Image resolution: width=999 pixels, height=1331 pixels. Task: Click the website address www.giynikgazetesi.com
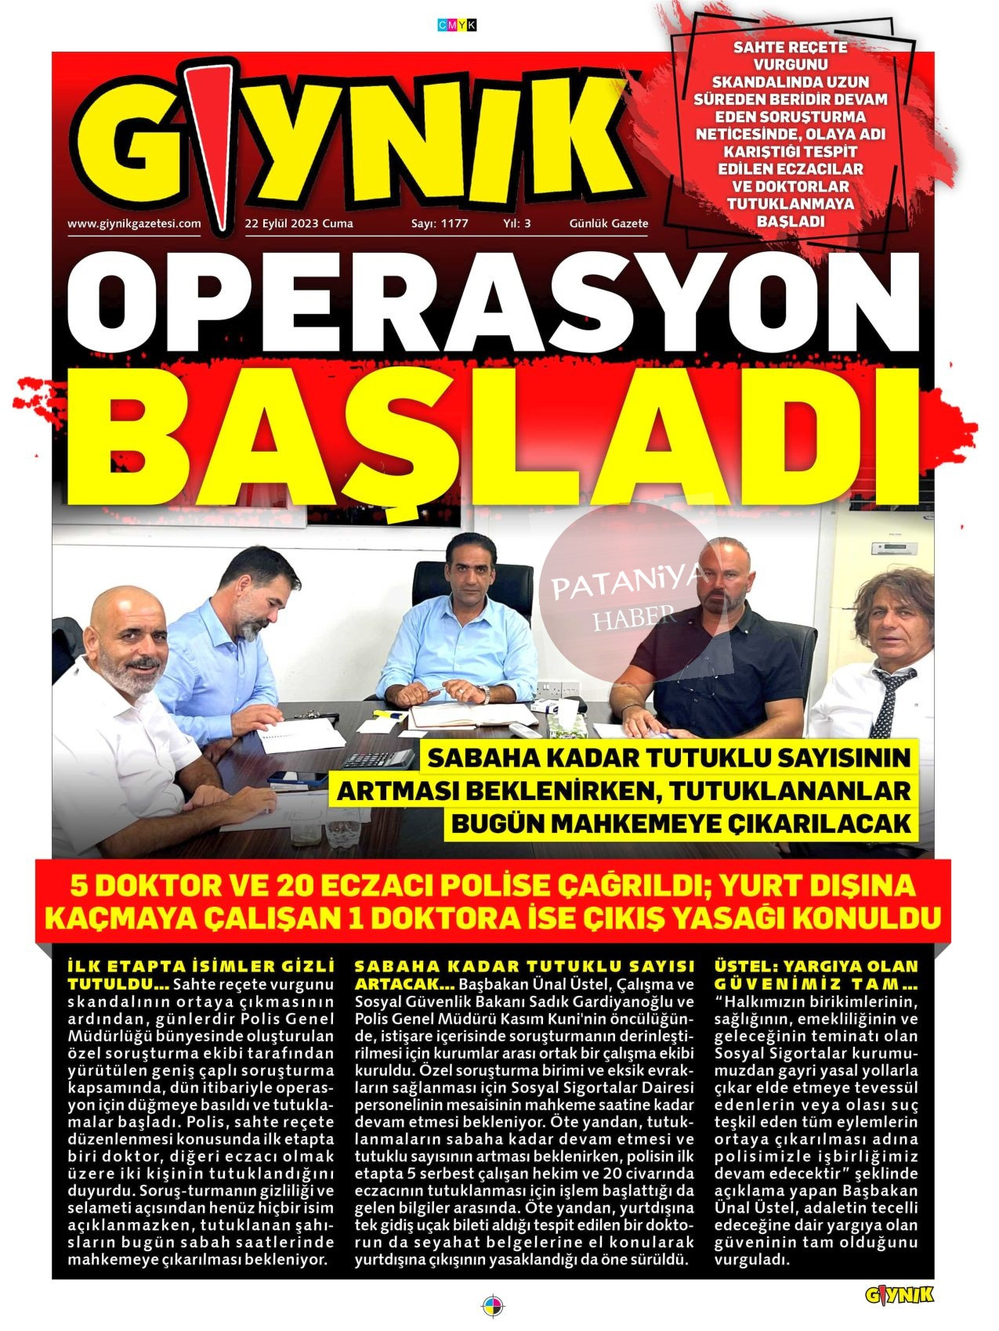[134, 223]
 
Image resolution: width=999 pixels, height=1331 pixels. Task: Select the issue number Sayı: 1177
[440, 223]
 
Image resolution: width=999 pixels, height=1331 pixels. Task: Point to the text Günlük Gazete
[609, 223]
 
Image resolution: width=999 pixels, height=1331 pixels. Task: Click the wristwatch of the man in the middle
[486, 694]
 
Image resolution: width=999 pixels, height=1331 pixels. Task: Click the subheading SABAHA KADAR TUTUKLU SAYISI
[525, 966]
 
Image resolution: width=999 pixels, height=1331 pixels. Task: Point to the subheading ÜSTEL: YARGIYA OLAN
[816, 966]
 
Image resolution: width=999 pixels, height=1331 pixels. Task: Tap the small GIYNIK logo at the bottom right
[899, 1296]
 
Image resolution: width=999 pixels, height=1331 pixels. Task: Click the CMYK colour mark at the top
[457, 25]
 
